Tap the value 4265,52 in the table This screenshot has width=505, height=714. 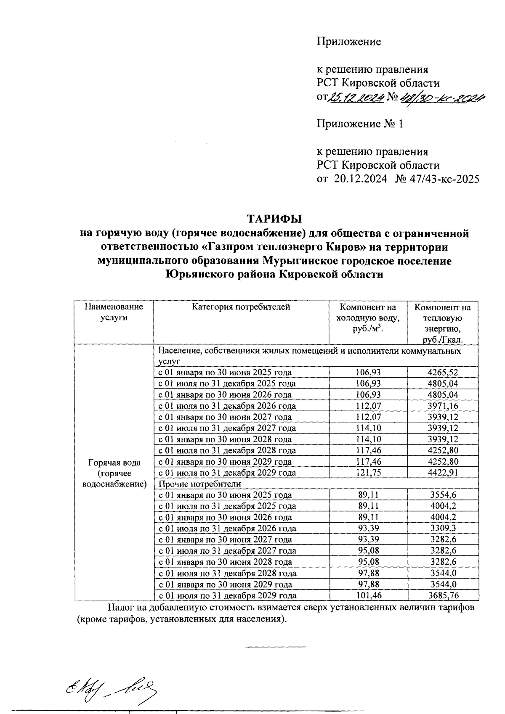(442, 372)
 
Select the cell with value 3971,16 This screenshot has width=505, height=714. (442, 406)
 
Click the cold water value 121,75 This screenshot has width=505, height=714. (368, 473)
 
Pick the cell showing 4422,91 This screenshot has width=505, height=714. (442, 473)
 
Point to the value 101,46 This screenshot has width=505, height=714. (368, 595)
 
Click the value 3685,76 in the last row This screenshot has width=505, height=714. (442, 595)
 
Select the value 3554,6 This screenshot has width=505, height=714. (442, 495)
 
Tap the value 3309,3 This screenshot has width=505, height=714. (442, 529)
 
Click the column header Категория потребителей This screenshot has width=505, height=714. (241, 307)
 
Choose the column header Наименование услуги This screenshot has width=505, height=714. (114, 312)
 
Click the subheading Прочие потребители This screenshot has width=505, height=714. (199, 484)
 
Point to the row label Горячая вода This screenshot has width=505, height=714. (114, 463)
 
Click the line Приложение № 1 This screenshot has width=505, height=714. (360, 124)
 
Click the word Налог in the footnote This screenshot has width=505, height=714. (120, 608)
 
